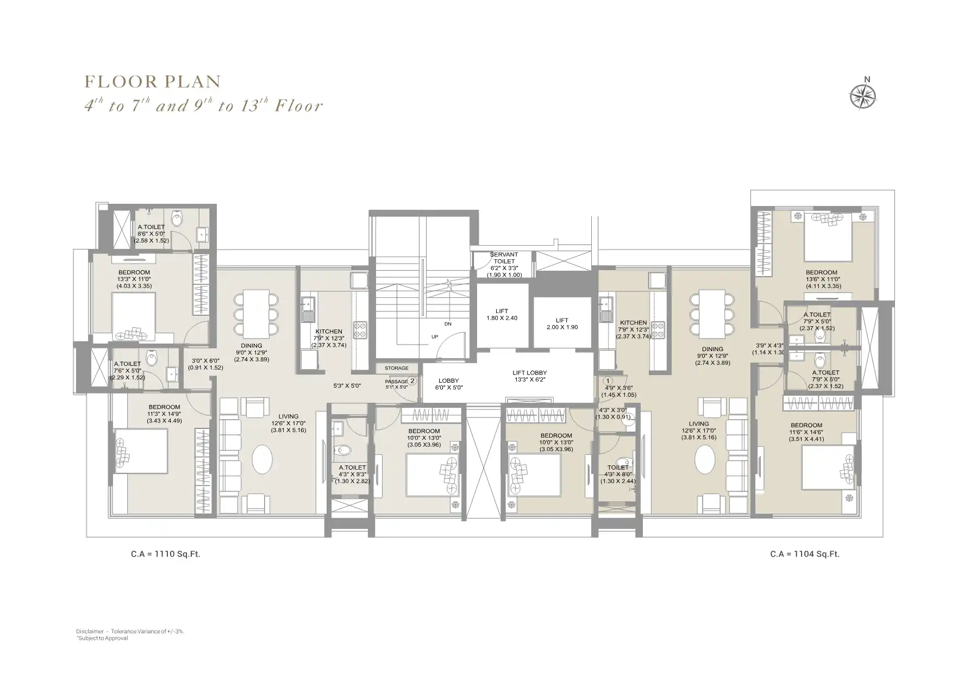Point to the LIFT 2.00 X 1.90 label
click(x=562, y=324)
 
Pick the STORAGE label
click(x=396, y=369)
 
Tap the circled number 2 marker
click(x=412, y=381)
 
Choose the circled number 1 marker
click(x=608, y=381)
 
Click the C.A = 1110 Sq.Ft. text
click(x=162, y=554)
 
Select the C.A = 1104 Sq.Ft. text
click(x=804, y=554)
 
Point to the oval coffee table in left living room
click(x=262, y=459)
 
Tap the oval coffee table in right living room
click(x=705, y=459)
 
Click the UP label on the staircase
click(x=435, y=337)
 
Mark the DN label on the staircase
click(x=448, y=324)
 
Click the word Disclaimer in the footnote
click(x=90, y=632)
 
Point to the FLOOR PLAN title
click(x=153, y=82)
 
